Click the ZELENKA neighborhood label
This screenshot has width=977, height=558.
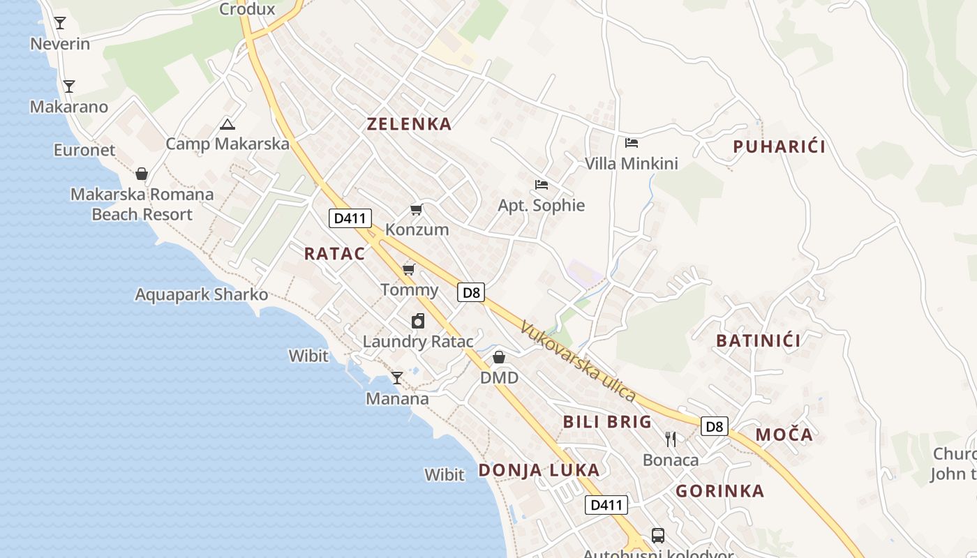(x=409, y=124)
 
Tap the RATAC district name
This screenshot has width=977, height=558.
(x=334, y=253)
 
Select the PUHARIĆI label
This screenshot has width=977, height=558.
(x=779, y=146)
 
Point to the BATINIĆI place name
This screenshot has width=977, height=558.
(x=759, y=341)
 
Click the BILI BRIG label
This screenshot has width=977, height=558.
(x=607, y=421)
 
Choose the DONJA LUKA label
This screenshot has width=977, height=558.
(x=539, y=470)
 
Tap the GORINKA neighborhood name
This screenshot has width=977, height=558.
(x=719, y=491)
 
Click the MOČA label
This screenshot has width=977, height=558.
(x=784, y=435)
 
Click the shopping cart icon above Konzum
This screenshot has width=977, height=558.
(x=417, y=209)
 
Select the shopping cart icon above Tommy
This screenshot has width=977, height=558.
(x=409, y=269)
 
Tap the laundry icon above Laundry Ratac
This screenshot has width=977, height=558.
(x=418, y=321)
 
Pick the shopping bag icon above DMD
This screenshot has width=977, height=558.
(x=499, y=357)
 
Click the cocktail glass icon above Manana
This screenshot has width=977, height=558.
(x=397, y=378)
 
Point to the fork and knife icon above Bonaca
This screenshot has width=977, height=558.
(x=671, y=439)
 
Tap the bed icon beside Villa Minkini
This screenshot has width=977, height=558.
(x=632, y=143)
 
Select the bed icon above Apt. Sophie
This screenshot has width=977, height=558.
(x=541, y=185)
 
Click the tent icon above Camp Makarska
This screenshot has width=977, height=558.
(x=227, y=125)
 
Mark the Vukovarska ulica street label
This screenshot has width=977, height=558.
(x=578, y=362)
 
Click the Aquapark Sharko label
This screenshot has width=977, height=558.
(x=201, y=294)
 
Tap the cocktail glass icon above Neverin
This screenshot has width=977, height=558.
(x=60, y=23)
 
